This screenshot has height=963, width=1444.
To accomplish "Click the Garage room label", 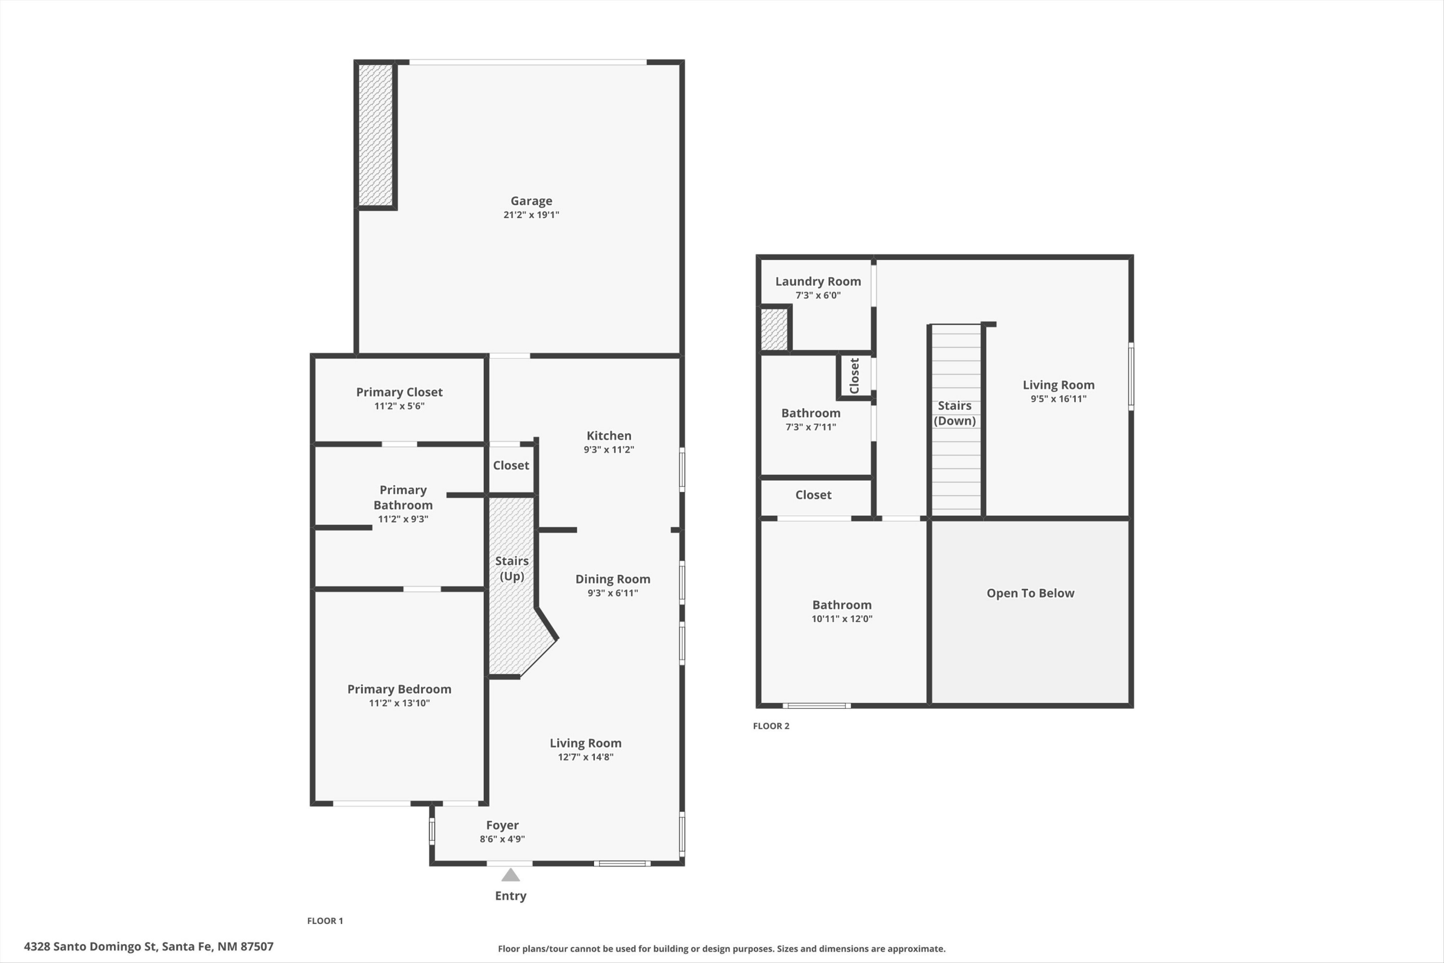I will [x=531, y=201].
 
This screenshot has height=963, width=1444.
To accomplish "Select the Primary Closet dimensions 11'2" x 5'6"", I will [x=399, y=406].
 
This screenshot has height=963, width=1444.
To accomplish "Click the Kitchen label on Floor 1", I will [x=608, y=435].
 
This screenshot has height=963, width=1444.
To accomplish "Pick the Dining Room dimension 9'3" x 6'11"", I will [x=612, y=593].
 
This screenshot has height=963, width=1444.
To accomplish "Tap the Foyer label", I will [x=502, y=825].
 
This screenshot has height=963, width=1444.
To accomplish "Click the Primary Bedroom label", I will [x=399, y=689].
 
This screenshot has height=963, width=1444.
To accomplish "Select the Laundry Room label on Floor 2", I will [x=818, y=281].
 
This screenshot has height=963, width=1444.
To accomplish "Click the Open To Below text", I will [x=1030, y=593].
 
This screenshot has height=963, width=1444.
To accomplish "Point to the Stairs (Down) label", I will [x=954, y=413].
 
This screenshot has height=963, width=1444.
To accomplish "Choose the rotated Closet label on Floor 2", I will [x=854, y=376].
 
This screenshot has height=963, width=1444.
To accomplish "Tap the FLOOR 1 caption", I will [x=325, y=921].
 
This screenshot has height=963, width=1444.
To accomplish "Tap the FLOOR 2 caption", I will [x=771, y=726].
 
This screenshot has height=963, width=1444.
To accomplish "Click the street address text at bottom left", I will [x=149, y=947].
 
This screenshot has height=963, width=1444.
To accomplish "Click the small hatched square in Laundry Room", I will [x=774, y=329].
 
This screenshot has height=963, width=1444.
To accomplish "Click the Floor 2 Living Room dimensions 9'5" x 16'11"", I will [x=1058, y=399].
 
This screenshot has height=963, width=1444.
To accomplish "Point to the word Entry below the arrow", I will [x=510, y=896].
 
